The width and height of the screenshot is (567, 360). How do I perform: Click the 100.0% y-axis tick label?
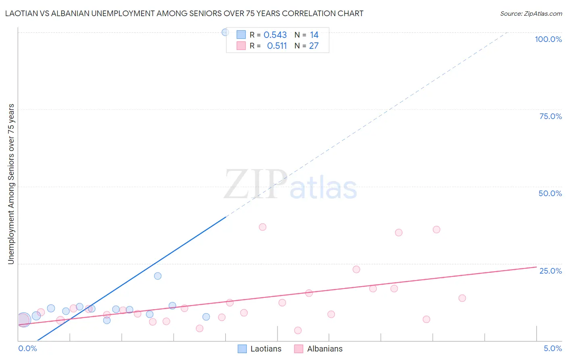[x=548, y=39]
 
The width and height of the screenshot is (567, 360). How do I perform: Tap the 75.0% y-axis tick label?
[x=550, y=116]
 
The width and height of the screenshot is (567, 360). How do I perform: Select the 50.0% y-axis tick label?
[x=550, y=193]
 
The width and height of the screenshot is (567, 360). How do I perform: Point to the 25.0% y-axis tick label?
[x=550, y=270]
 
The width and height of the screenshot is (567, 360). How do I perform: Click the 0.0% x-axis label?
[x=27, y=348]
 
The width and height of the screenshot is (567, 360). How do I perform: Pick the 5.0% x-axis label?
[x=552, y=348]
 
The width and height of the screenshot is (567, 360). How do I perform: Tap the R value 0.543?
[x=275, y=35]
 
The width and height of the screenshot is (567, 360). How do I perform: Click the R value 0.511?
[x=277, y=46]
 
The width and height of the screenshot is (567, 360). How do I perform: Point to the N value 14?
[x=314, y=35]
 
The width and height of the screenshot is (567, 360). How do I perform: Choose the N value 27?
[x=314, y=46]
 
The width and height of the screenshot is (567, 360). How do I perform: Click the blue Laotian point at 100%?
[x=225, y=32]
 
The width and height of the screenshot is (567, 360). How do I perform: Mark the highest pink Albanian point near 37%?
[x=263, y=227]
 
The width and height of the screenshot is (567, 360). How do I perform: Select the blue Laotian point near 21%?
[x=158, y=276]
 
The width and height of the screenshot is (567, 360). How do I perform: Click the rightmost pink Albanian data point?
[x=462, y=298]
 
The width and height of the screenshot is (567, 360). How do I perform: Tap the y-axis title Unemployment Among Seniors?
[x=11, y=184]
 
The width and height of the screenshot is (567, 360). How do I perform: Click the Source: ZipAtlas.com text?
[x=531, y=14]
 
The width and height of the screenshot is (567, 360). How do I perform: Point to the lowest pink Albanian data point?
[x=298, y=331]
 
